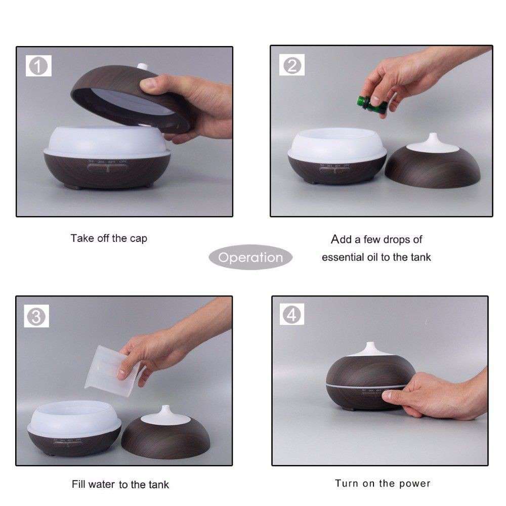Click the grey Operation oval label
pos(250,257)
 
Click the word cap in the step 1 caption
pos(138,238)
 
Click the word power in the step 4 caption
pos(414,483)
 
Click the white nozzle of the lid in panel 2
pos(433,142)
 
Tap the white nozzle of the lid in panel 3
pos(163,413)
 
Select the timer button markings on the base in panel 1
pos(108,162)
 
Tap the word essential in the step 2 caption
pos(342,257)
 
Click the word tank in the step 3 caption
pos(158,484)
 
